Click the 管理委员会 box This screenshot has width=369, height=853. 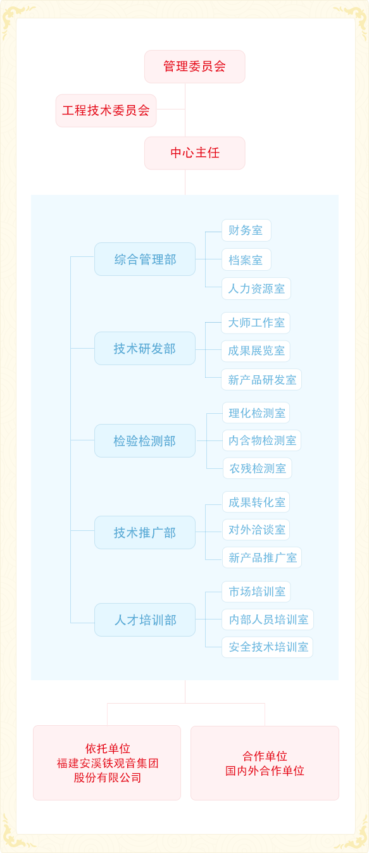click(x=194, y=66)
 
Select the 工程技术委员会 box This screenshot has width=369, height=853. click(x=106, y=111)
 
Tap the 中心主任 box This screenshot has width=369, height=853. click(x=194, y=153)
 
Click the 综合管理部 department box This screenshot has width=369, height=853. click(x=145, y=259)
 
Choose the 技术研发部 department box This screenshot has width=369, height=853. click(x=145, y=348)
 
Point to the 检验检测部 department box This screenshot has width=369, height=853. click(x=145, y=440)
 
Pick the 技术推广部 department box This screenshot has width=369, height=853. click(x=145, y=532)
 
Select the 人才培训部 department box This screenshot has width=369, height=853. click(x=145, y=620)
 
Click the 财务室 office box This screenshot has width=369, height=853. click(x=246, y=230)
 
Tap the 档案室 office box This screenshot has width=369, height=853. click(x=246, y=259)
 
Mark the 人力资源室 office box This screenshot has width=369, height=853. click(x=256, y=289)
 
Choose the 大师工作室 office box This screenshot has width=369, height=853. click(x=256, y=323)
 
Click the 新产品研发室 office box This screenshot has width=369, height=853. click(x=261, y=379)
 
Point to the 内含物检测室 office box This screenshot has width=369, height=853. click(x=262, y=440)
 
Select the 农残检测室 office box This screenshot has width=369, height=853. click(x=258, y=468)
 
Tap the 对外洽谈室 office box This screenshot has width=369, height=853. click(x=256, y=530)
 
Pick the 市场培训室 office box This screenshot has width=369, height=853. click(x=256, y=592)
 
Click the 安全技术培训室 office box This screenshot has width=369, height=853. click(x=267, y=647)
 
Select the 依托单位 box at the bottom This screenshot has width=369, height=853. click(x=107, y=763)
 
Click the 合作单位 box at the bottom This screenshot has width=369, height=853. click(x=265, y=763)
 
